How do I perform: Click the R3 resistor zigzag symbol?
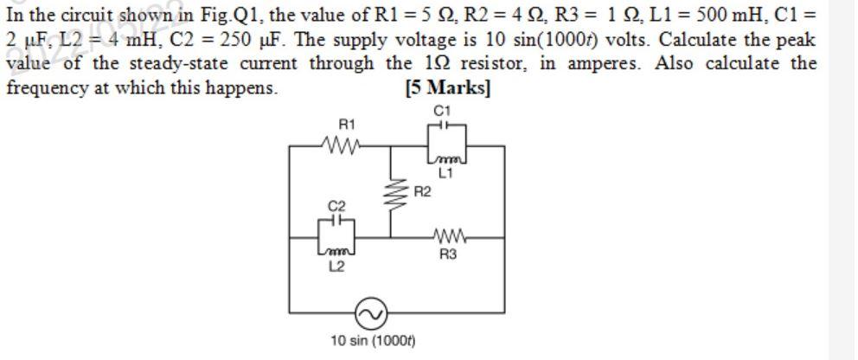click(x=448, y=236)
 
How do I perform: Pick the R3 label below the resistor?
click(x=448, y=254)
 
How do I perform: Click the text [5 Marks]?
click(x=447, y=88)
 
